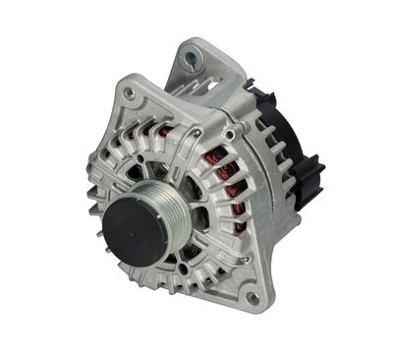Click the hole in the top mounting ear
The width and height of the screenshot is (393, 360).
pyautogui.click(x=190, y=60)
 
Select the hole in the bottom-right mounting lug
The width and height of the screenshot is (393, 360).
pyautogui.click(x=254, y=297)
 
